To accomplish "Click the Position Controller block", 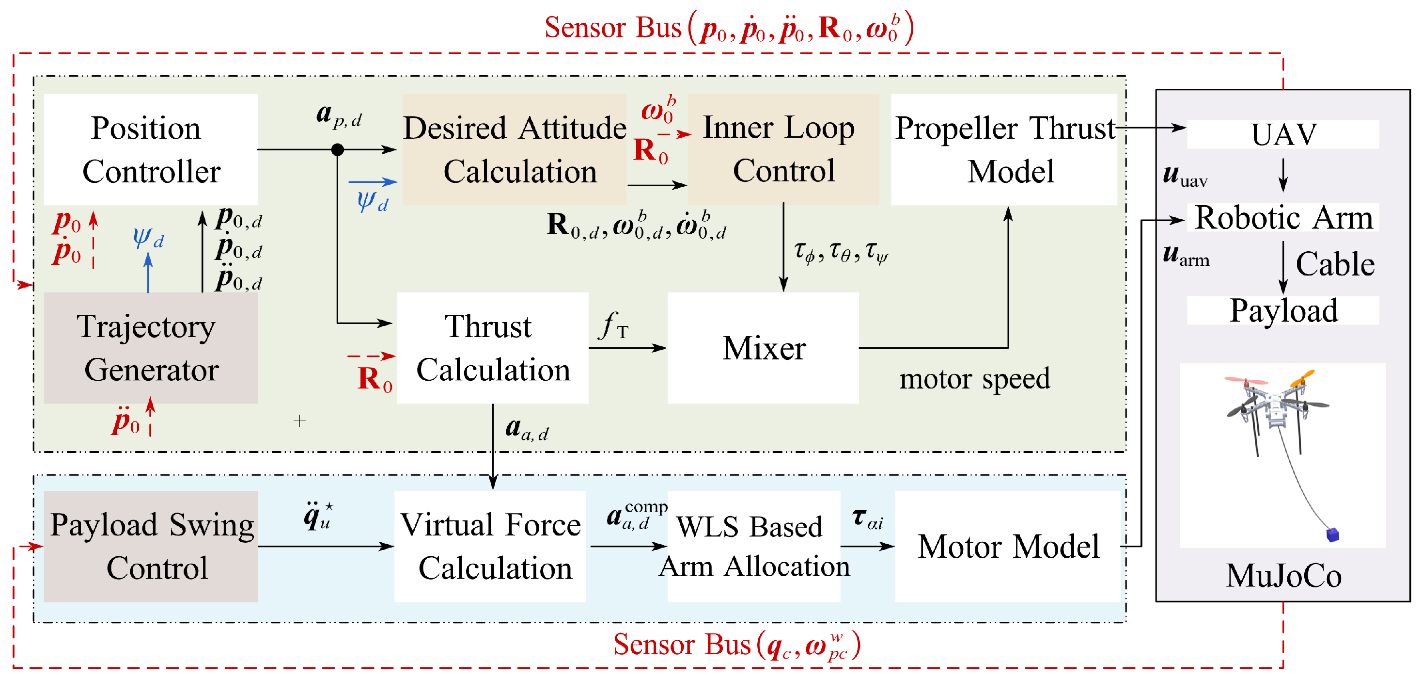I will (150, 149).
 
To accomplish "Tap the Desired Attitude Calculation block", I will (514, 149).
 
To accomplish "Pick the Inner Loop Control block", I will (783, 149).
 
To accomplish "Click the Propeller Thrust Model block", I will (1003, 149).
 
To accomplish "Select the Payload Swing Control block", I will (150, 546).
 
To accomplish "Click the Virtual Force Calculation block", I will (490, 546).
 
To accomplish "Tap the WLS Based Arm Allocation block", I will (753, 546).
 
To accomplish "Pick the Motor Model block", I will (1008, 546).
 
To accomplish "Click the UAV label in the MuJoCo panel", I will (1283, 134).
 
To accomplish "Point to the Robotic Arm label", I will (1283, 217).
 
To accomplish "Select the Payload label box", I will (1283, 310).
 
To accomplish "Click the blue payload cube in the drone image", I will (1332, 534).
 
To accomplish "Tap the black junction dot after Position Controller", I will (337, 149).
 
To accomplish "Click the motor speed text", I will (974, 379).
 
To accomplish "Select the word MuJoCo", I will (1283, 576).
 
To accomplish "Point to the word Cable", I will (1335, 264).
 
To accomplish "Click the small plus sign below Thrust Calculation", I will (300, 421).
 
